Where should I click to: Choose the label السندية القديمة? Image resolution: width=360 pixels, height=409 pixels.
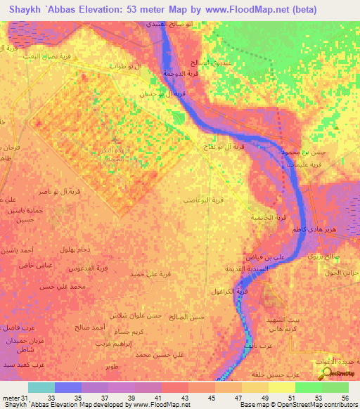point(266,268)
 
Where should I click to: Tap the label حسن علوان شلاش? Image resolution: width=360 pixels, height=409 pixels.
point(131,316)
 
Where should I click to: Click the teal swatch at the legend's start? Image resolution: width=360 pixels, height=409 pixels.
point(41,387)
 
